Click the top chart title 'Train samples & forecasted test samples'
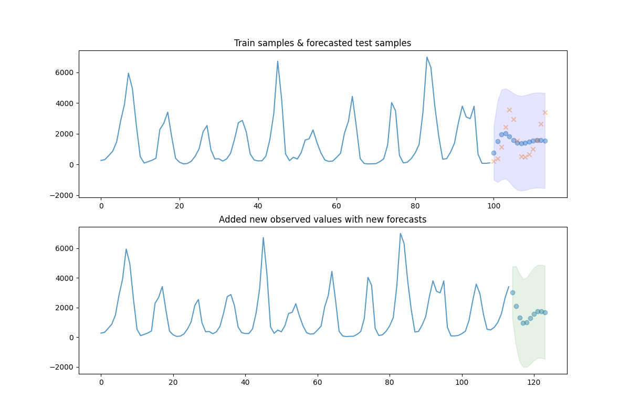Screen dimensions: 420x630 pos(322,43)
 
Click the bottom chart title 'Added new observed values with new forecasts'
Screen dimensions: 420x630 pos(322,219)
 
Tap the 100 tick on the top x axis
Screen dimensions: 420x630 pos(493,206)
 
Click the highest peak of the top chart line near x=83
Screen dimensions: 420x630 pos(427,57)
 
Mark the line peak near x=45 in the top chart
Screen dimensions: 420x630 pos(278,61)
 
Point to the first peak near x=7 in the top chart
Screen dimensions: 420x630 pos(128,73)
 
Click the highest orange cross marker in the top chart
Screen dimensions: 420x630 pos(509,110)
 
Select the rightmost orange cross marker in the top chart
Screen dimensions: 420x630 pos(545,112)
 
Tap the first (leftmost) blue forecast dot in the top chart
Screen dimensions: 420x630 pos(493,153)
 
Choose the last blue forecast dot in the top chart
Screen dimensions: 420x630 pos(545,141)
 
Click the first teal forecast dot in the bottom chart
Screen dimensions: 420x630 pos(512,292)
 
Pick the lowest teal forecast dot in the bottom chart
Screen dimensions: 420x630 pos(523,323)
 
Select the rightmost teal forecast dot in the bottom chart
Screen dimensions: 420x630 pos(545,312)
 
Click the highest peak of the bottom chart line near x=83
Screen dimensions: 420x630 pos(400,234)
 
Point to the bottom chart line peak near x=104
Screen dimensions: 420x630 pos(476,285)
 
